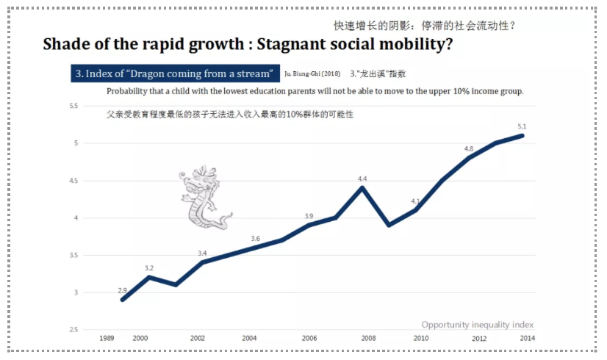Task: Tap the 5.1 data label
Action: pos(522,126)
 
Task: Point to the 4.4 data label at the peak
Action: pos(362,179)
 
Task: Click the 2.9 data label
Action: pos(123,291)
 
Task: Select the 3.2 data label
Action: pos(149,268)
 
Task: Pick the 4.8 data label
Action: pos(469,149)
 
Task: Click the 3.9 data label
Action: pos(309,216)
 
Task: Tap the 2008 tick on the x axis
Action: pos(368,338)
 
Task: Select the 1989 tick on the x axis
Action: pos(107,338)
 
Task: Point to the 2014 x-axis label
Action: pos(526,338)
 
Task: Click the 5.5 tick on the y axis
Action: pos(73,106)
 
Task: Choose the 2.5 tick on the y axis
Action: pos(73,330)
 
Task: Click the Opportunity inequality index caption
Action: pos(478,324)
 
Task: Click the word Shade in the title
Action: pos(67,44)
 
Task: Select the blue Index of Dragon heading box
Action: pos(175,74)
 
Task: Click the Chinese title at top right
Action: pos(424,25)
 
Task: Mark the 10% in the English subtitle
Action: pos(447,92)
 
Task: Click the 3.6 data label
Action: pos(256,239)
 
